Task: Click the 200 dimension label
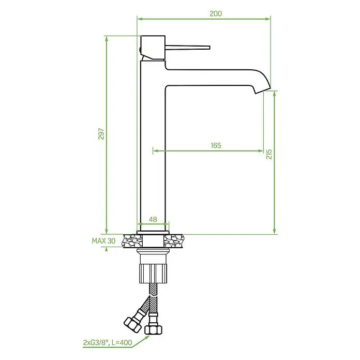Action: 216,14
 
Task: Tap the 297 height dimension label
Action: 101,134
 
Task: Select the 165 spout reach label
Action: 216,145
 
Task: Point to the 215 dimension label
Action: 269,154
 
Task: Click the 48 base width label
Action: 153,219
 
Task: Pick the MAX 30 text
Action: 103,241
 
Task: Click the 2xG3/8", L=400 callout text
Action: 108,343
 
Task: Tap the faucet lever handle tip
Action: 209,48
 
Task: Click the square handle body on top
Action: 153,48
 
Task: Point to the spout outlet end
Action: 263,91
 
